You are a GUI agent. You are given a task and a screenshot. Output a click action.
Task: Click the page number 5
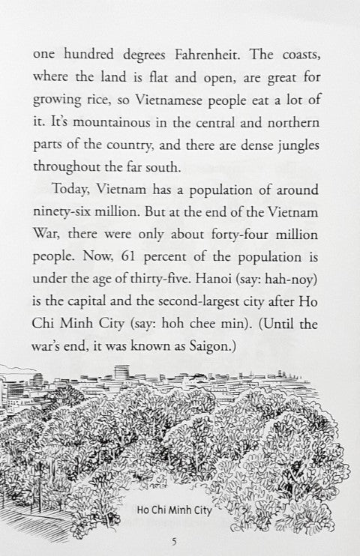[175, 540]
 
